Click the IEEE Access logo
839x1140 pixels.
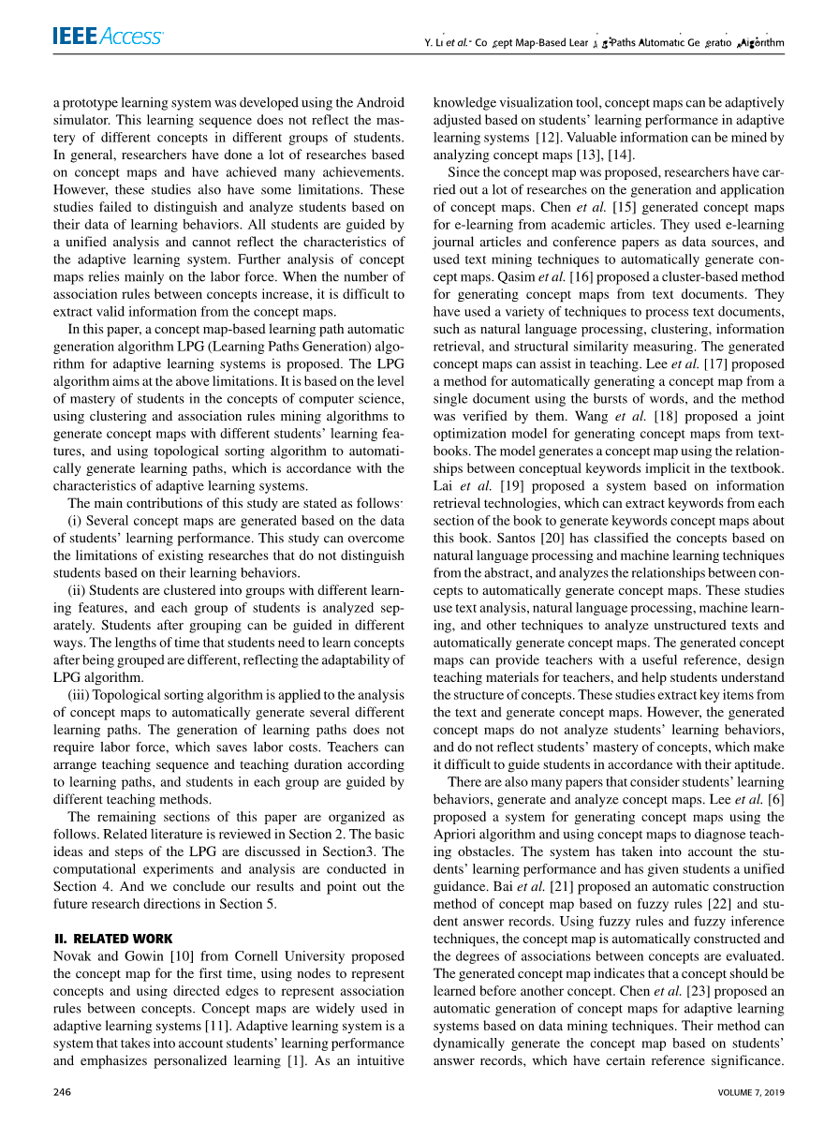108,37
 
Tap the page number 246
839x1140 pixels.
64,1092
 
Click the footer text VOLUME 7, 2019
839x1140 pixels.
751,1092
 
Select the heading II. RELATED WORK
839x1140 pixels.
113,939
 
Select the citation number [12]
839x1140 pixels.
550,138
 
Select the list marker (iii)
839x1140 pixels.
84,694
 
